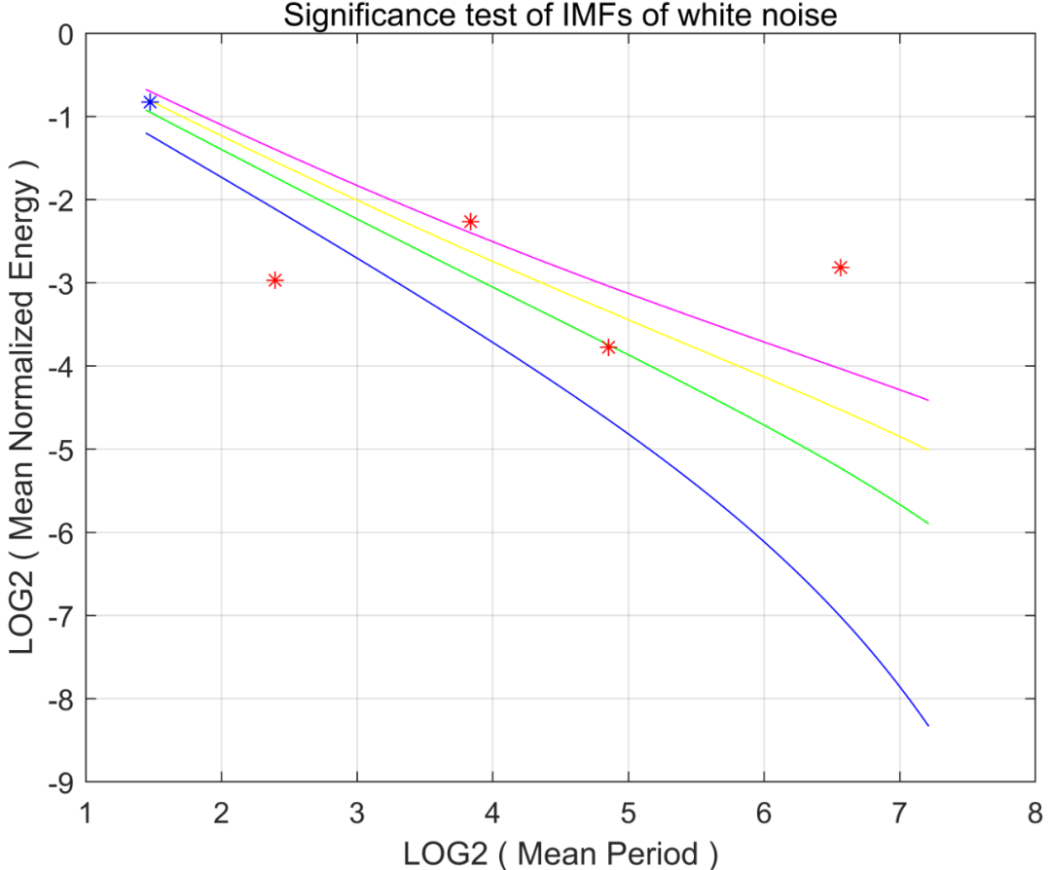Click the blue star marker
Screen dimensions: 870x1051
coord(150,102)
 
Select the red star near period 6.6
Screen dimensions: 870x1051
coord(841,268)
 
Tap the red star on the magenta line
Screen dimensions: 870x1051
coord(471,222)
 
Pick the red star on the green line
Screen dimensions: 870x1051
coord(609,347)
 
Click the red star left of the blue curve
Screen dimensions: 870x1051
coord(274,280)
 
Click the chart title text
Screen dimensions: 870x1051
coord(560,15)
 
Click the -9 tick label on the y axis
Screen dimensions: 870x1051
coord(61,782)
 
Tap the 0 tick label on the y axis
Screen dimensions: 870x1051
coord(67,34)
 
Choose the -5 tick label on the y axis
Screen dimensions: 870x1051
coord(61,450)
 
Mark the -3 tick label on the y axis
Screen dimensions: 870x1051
coord(61,283)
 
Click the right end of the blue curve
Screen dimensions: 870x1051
coord(927,725)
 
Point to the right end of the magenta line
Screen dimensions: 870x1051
coord(927,400)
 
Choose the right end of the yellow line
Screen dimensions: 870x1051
coord(927,450)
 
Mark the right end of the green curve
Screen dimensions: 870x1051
coord(927,524)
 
